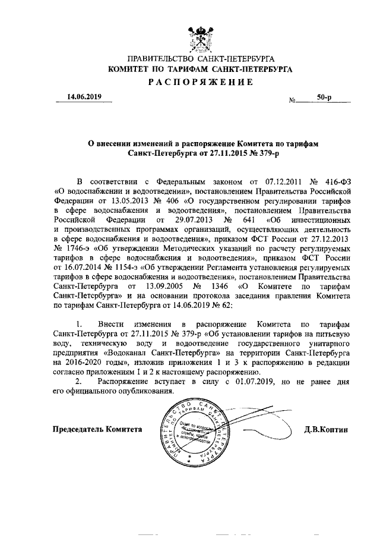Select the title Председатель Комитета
tap(97, 429)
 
